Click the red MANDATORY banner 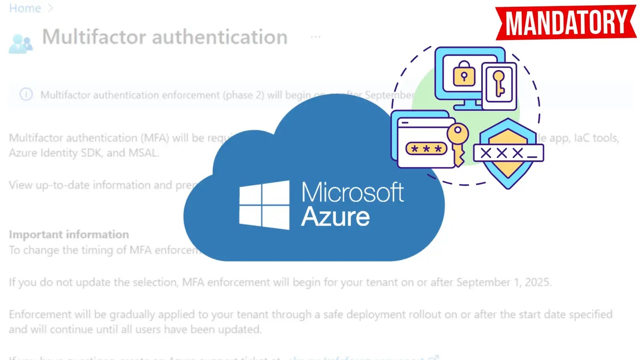566,23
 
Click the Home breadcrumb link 25,8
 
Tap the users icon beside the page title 20,44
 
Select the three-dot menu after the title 316,37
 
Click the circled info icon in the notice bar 26,94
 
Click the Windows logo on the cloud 264,204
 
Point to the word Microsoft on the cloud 352,193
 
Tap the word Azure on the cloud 335,217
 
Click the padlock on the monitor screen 464,74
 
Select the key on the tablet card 499,83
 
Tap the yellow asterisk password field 426,149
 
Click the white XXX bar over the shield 508,153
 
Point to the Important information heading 69,234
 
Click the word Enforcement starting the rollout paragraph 40,314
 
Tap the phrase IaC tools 596,138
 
